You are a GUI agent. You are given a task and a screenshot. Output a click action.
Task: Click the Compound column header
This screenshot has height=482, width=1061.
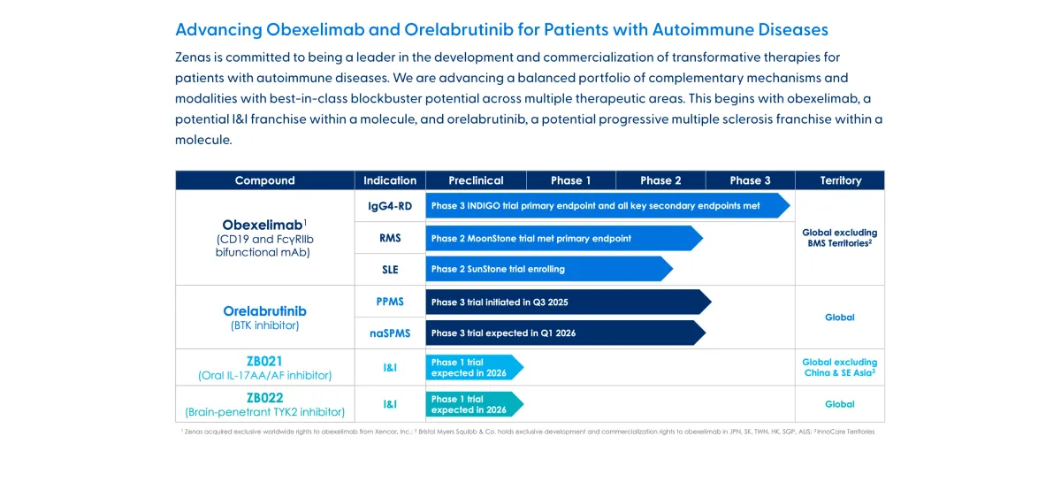(x=264, y=180)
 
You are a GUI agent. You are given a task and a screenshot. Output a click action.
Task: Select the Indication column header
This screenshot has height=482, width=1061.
(x=390, y=180)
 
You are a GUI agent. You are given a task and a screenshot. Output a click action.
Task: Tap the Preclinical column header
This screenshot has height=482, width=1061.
(x=476, y=180)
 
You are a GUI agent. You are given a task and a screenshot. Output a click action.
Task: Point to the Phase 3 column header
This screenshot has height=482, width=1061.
(x=750, y=180)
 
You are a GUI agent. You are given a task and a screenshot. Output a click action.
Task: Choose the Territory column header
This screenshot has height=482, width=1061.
(x=840, y=180)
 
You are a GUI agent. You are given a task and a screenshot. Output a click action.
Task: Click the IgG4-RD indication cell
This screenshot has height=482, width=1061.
(x=390, y=206)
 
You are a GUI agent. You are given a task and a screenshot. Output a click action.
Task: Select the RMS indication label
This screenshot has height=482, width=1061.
(x=390, y=239)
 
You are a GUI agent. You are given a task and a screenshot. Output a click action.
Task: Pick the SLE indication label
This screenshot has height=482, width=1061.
(x=390, y=270)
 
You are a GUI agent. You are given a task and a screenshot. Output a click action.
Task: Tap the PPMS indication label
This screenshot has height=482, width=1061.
(x=390, y=302)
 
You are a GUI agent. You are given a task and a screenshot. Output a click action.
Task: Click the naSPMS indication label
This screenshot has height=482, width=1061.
(x=390, y=333)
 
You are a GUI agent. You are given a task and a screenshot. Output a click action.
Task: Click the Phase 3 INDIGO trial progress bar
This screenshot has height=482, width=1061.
(x=607, y=206)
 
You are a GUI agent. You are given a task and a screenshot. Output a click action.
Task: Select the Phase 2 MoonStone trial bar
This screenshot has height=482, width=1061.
(x=562, y=239)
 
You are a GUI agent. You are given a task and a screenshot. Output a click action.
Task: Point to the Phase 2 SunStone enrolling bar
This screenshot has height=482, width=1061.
(x=548, y=269)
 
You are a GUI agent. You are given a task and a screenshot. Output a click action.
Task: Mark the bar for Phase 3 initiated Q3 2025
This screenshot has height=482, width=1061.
(x=567, y=302)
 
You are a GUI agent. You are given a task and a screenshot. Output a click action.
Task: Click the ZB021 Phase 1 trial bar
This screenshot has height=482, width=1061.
(x=473, y=368)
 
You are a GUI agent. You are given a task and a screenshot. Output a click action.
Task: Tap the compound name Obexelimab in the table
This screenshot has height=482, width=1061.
(x=262, y=225)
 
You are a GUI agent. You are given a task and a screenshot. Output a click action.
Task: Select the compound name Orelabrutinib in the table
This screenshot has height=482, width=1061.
(x=264, y=311)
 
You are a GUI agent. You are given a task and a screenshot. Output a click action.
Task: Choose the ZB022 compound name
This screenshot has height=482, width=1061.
(x=264, y=398)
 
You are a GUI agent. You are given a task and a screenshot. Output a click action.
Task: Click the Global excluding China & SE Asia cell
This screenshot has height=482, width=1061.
(x=839, y=367)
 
